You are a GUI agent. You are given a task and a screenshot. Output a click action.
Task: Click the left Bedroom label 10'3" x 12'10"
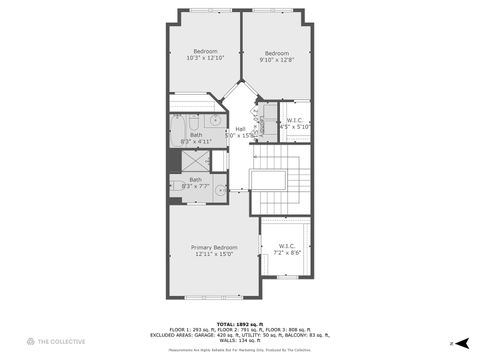[205, 56]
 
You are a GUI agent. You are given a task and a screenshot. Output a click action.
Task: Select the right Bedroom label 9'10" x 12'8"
[276, 56]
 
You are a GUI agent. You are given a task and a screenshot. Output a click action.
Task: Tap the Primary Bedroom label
[215, 250]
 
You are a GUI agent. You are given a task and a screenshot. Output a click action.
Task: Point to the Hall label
[240, 131]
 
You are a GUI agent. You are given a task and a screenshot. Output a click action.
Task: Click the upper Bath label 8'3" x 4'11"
[195, 138]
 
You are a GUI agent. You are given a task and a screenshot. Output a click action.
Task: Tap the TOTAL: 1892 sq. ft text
[240, 322]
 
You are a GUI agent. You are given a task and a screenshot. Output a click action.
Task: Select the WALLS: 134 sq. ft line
[240, 339]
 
